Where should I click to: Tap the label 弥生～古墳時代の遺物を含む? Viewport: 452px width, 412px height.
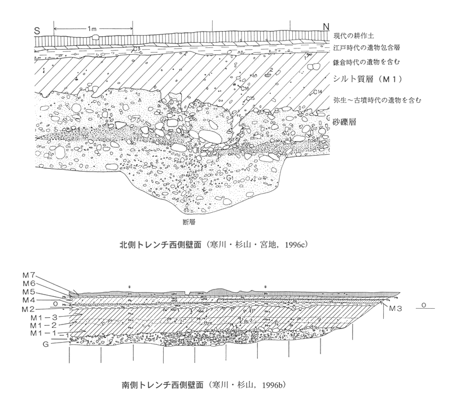[x=378, y=100]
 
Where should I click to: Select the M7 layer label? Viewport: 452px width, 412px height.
[x=30, y=274]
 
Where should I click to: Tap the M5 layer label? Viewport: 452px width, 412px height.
[x=30, y=292]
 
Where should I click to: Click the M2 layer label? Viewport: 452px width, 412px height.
[x=30, y=310]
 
